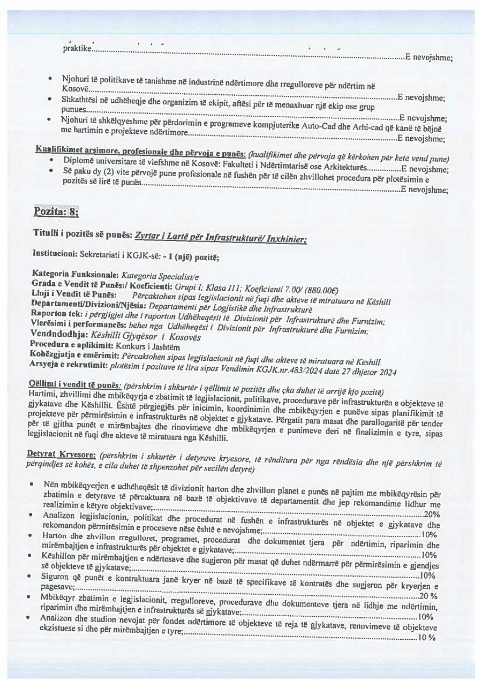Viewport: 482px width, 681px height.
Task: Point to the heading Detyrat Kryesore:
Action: (x=61, y=454)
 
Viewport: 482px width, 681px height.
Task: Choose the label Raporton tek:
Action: (x=56, y=313)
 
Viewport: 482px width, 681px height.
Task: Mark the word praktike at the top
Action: (x=77, y=49)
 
